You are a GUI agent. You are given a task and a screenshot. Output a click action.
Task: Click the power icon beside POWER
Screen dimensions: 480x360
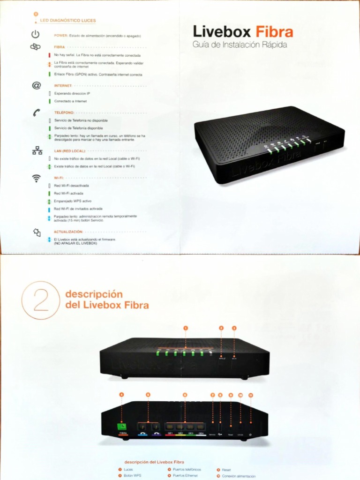pyautogui.click(x=36, y=34)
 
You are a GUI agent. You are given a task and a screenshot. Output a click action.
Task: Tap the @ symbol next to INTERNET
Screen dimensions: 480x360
pyautogui.click(x=36, y=85)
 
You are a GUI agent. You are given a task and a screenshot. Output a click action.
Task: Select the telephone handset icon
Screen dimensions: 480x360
pyautogui.click(x=36, y=112)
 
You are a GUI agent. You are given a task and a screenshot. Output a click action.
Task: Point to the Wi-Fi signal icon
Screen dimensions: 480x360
pyautogui.click(x=36, y=178)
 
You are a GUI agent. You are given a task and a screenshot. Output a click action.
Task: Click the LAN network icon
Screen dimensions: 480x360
pyautogui.click(x=37, y=150)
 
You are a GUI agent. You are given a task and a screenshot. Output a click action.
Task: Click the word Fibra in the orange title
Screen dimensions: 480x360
pyautogui.click(x=274, y=32)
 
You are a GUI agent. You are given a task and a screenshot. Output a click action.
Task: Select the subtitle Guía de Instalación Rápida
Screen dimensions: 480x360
pyautogui.click(x=240, y=45)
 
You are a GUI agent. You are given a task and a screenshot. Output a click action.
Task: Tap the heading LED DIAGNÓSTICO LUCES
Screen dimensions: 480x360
pyautogui.click(x=68, y=21)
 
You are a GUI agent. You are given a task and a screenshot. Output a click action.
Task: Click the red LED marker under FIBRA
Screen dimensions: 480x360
pyautogui.click(x=49, y=55)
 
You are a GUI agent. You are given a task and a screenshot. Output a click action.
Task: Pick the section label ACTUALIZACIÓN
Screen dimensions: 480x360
pyautogui.click(x=68, y=232)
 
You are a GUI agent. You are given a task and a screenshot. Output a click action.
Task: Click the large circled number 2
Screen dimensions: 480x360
pyautogui.click(x=41, y=300)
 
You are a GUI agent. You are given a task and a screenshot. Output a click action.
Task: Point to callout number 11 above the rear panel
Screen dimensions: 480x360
pyautogui.click(x=250, y=395)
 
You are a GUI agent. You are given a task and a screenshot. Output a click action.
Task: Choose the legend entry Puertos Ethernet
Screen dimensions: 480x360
pyautogui.click(x=185, y=475)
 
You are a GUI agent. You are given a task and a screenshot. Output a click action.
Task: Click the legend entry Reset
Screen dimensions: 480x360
pyautogui.click(x=227, y=469)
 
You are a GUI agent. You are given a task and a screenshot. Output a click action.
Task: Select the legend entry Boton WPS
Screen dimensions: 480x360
pyautogui.click(x=132, y=475)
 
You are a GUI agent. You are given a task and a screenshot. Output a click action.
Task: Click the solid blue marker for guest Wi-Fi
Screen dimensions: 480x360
pyautogui.click(x=49, y=209)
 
